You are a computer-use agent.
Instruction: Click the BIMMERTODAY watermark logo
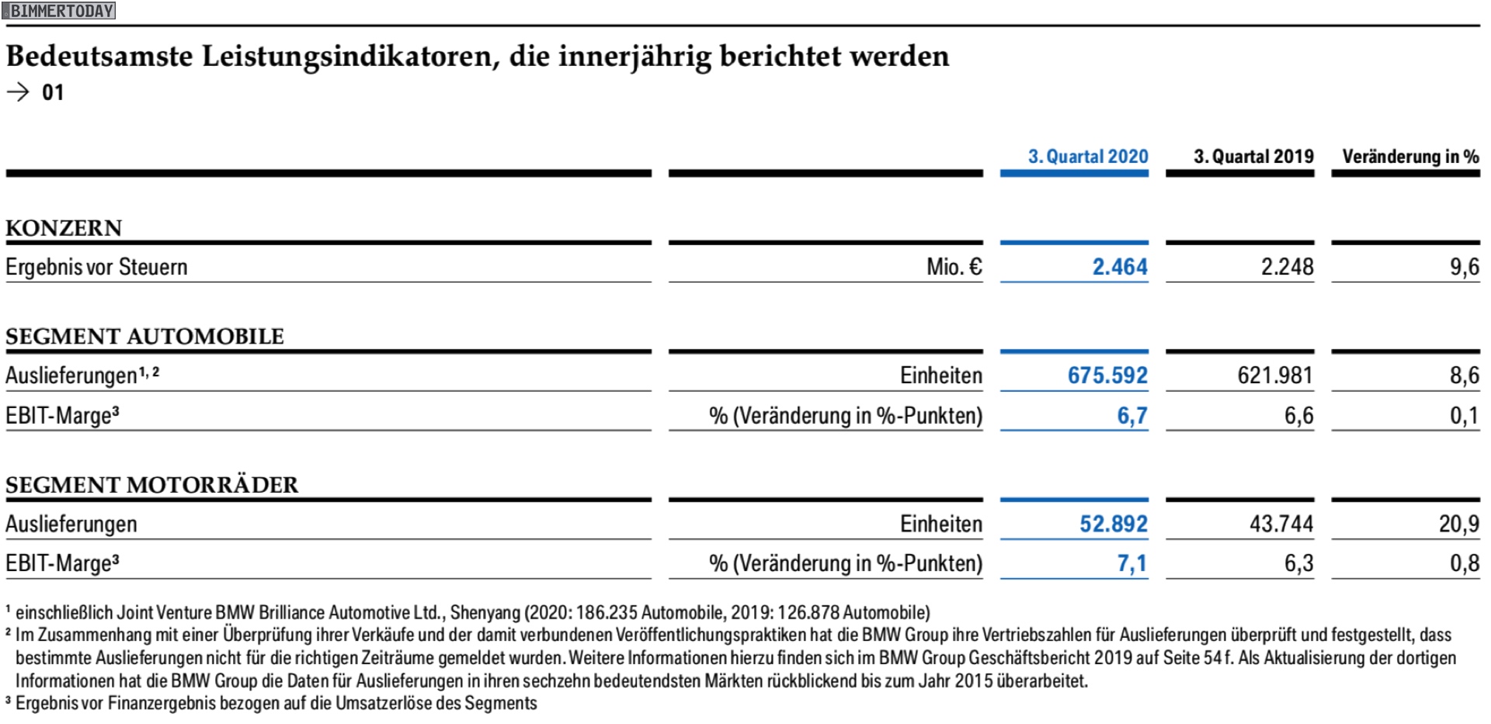tap(59, 11)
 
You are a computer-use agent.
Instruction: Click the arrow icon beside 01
tap(18, 92)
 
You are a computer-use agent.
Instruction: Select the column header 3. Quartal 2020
tap(1088, 156)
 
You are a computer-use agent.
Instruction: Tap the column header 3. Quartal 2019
tap(1253, 156)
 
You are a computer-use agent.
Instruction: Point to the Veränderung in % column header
tap(1410, 157)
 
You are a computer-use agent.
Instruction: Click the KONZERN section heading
tap(64, 228)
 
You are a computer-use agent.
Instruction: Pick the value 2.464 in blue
tap(1120, 267)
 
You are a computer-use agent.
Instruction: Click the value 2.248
tap(1287, 267)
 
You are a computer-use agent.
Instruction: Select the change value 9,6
tap(1464, 268)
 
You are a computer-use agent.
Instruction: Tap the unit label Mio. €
tap(954, 267)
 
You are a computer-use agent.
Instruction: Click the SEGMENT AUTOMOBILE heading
tap(144, 337)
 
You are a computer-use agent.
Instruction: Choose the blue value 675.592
tap(1107, 376)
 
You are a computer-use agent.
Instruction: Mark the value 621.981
tap(1275, 376)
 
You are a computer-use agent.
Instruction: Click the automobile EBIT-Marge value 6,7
tap(1132, 416)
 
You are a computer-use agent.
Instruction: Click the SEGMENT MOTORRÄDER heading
tap(151, 485)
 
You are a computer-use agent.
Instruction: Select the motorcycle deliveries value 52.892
tap(1114, 524)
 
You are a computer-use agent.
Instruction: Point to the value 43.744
tap(1281, 524)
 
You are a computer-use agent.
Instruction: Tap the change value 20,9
tap(1458, 525)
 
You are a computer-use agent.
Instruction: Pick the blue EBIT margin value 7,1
tap(1132, 563)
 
